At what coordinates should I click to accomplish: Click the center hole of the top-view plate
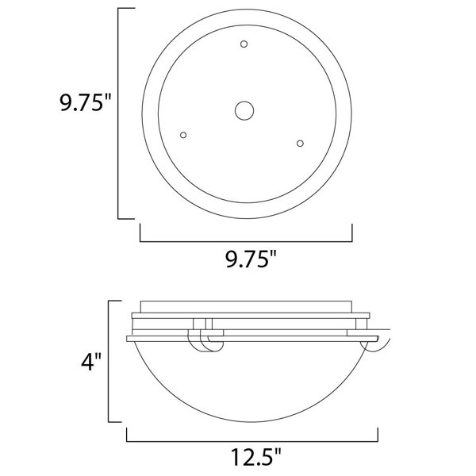click(244, 110)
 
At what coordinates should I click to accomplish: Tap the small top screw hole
click(244, 44)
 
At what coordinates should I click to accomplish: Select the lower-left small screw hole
click(183, 135)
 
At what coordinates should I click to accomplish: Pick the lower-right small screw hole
click(300, 144)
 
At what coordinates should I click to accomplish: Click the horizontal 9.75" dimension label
click(251, 259)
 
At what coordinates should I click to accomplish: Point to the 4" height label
click(91, 361)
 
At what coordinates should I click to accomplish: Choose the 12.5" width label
click(256, 457)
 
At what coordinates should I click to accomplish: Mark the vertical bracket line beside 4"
click(109, 361)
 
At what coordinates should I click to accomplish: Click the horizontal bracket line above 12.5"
click(252, 441)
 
